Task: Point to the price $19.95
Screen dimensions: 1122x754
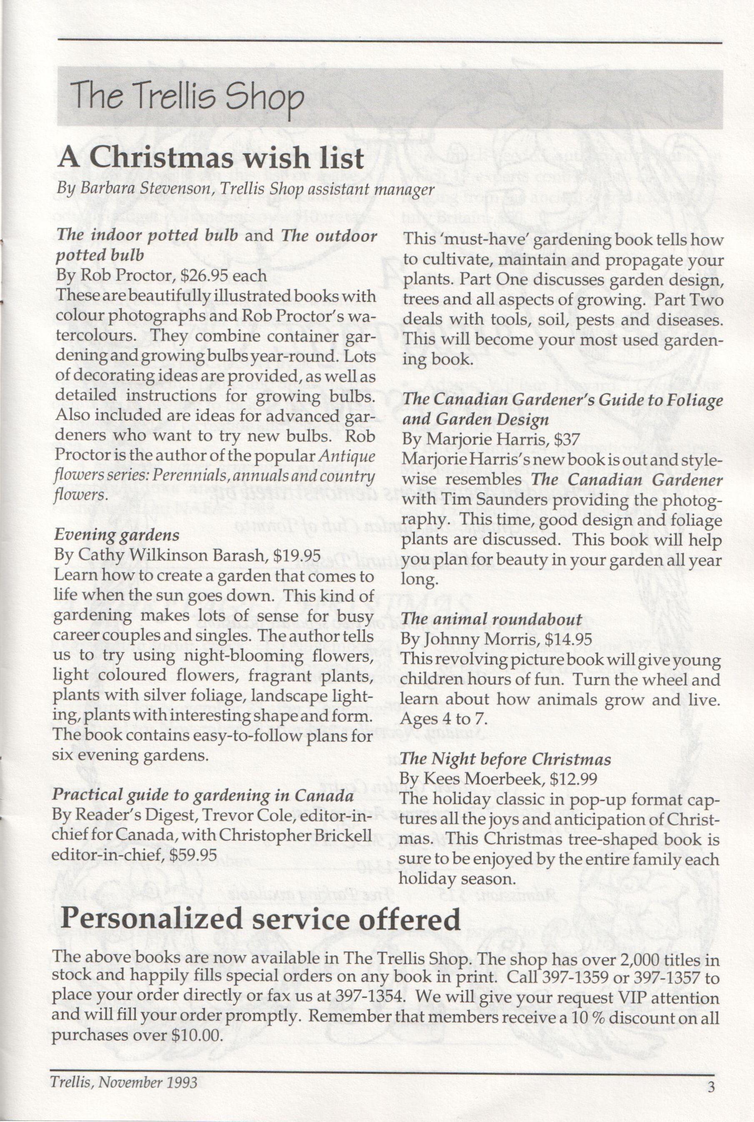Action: click(x=296, y=555)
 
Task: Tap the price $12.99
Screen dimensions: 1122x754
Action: click(x=573, y=779)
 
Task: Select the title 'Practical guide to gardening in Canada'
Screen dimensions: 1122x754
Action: click(x=203, y=795)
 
